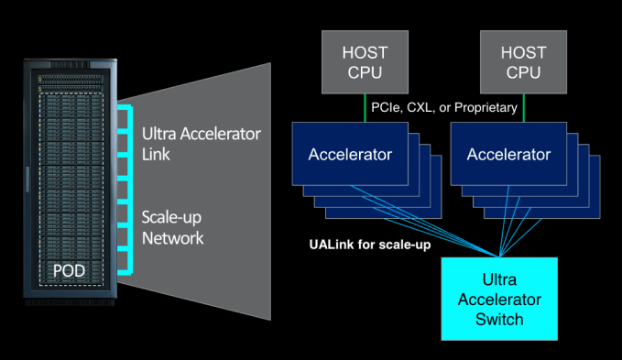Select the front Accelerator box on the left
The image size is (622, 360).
349,154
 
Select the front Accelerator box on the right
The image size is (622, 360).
508,154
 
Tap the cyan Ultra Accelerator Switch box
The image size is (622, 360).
499,298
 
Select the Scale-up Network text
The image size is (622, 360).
173,228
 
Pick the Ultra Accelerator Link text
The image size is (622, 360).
201,144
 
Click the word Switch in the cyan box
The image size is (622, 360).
499,320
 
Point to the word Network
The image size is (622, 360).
173,238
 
